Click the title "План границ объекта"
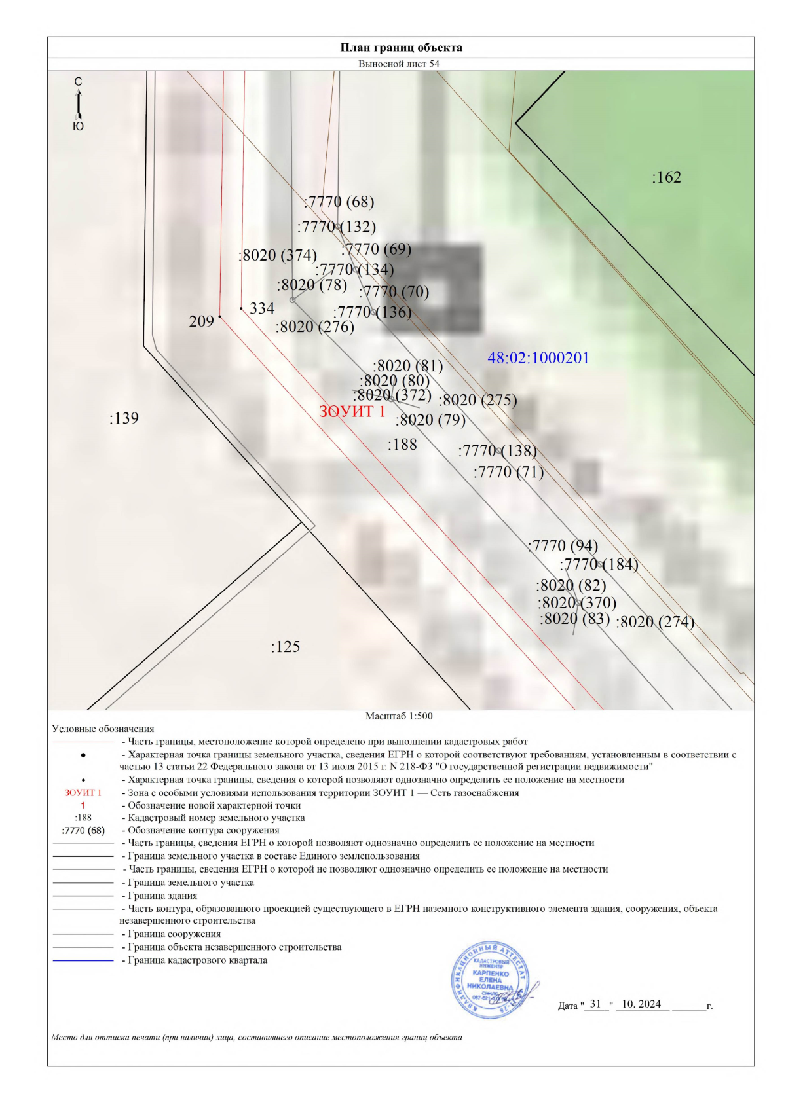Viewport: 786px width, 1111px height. tap(401, 47)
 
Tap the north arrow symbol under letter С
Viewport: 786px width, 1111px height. tap(79, 103)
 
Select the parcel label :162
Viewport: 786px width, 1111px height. tap(666, 177)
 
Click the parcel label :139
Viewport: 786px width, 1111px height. tap(124, 418)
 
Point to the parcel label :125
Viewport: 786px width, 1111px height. tap(286, 647)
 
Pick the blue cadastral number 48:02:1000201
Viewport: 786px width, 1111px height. tap(538, 358)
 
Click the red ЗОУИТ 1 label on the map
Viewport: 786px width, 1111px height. tap(352, 412)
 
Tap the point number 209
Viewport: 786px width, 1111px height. tap(201, 321)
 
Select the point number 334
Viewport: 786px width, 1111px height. tap(262, 308)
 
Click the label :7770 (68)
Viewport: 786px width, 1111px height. tap(339, 202)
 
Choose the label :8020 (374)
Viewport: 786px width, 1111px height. tap(278, 255)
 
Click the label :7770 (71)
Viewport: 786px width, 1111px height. tap(508, 472)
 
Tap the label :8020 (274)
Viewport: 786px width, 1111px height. tap(654, 622)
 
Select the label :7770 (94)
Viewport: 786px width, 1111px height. tap(563, 546)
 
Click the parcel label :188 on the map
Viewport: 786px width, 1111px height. tap(402, 445)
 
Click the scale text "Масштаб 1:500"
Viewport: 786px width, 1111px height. tap(399, 716)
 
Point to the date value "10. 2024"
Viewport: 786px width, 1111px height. tap(641, 1004)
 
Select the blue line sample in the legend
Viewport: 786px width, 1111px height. tap(83, 960)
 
